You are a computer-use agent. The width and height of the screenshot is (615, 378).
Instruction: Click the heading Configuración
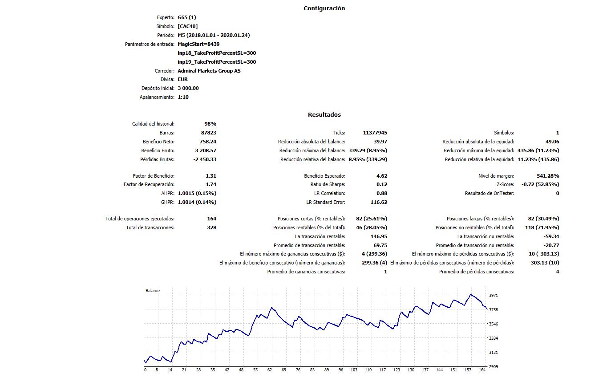click(x=324, y=8)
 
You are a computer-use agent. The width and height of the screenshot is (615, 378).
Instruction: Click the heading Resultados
click(x=324, y=114)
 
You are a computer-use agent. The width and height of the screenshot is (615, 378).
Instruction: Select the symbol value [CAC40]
click(x=187, y=26)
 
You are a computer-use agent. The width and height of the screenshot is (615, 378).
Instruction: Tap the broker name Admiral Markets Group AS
click(x=209, y=71)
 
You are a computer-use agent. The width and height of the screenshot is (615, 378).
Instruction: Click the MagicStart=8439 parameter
click(x=198, y=44)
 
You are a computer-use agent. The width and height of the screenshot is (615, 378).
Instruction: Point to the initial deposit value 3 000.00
click(x=188, y=88)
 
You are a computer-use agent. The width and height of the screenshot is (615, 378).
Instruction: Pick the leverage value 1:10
click(x=183, y=97)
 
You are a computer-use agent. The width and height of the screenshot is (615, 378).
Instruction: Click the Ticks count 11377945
click(x=375, y=133)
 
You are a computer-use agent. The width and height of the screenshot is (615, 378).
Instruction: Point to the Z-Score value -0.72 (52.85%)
click(x=540, y=184)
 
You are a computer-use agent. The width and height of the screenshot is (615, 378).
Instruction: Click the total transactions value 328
click(x=211, y=228)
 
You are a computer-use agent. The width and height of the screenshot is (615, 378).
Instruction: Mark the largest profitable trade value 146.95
click(x=379, y=236)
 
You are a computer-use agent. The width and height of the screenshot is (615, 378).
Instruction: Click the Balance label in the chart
click(x=153, y=291)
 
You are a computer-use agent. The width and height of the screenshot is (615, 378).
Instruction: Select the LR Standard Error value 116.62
click(x=379, y=202)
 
